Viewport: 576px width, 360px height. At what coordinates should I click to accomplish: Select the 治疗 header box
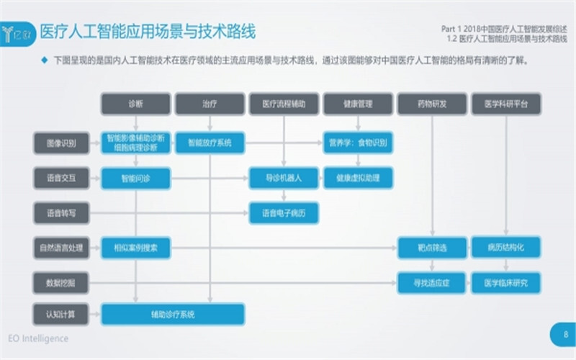point(210,104)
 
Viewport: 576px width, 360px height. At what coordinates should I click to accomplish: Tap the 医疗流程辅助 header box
point(283,104)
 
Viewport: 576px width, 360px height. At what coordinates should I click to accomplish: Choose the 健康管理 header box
point(358,104)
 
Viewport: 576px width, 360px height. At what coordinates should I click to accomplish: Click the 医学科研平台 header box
point(506,104)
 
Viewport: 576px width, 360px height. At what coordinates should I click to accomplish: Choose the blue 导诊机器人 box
point(284,178)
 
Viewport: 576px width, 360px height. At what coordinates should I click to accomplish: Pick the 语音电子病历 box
point(284,212)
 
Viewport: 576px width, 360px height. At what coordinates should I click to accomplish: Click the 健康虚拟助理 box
point(358,178)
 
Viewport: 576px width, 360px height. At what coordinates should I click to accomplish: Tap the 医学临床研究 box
point(506,282)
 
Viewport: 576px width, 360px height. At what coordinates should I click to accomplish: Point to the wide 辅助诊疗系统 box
point(173,314)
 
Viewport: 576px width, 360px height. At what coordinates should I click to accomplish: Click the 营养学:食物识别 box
point(358,143)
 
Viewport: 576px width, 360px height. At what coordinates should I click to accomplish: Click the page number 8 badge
point(566,334)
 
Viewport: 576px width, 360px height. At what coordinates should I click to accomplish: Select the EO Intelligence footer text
point(38,338)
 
